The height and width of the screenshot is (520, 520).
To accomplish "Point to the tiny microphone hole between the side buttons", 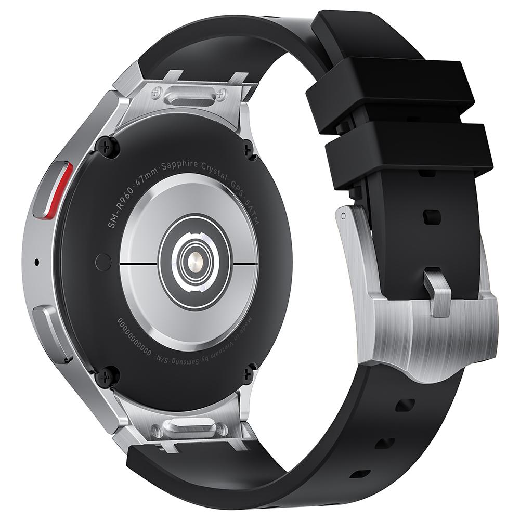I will pyautogui.click(x=36, y=262).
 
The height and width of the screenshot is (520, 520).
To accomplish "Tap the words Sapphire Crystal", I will pyautogui.click(x=191, y=167).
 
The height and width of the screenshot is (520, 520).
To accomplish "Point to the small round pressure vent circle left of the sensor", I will pyautogui.click(x=102, y=262).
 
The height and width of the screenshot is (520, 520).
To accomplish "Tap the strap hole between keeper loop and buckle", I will pyautogui.click(x=432, y=216).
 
